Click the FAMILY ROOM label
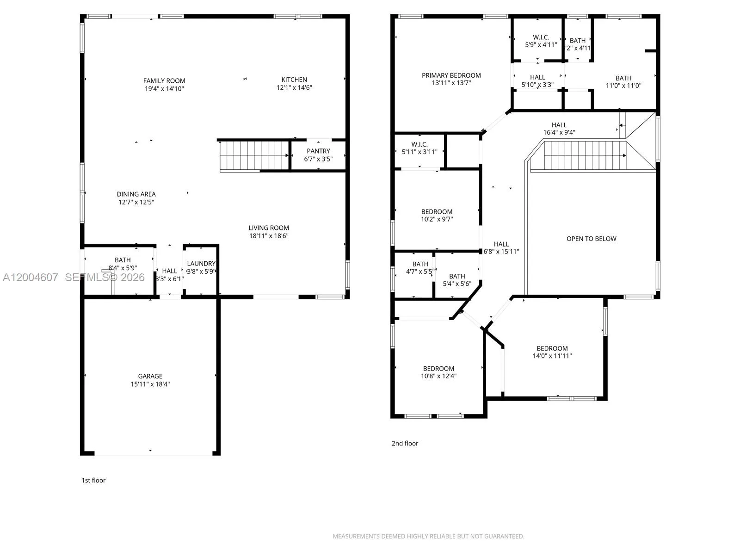[164, 81]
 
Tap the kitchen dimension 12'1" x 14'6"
[294, 88]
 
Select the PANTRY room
[318, 155]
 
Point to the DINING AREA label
[136, 194]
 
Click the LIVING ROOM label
[269, 228]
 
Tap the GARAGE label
[150, 376]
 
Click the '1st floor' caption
[93, 481]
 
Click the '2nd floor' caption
[405, 444]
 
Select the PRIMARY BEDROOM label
[451, 75]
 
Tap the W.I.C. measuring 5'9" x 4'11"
[541, 41]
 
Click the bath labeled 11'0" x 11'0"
[623, 82]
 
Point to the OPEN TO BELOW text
[591, 239]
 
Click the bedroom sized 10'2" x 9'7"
[437, 216]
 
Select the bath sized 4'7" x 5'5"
[420, 268]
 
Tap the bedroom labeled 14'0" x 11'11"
[552, 352]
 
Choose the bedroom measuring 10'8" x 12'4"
[438, 372]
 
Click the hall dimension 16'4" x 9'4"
[559, 133]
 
